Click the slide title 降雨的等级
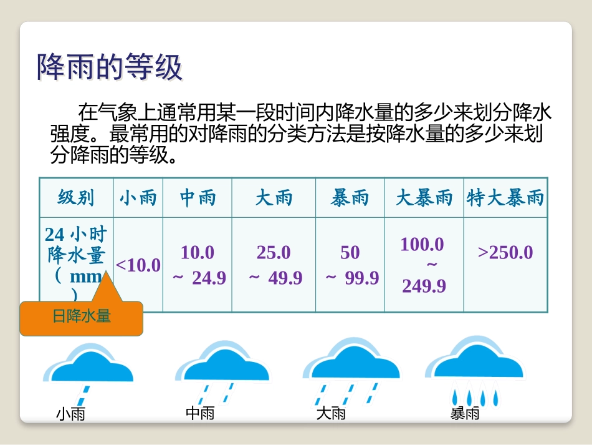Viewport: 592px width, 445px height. (x=110, y=67)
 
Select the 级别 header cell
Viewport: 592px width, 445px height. (x=76, y=198)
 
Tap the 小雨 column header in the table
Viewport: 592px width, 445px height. (x=138, y=198)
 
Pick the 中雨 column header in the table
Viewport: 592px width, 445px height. (x=198, y=198)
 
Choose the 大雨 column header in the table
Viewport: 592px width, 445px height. (x=274, y=198)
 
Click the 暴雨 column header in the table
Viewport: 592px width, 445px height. (x=350, y=198)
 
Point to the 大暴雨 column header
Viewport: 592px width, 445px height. (x=424, y=198)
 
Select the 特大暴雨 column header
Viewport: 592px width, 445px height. (x=505, y=198)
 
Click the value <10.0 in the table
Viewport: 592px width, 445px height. (x=138, y=265)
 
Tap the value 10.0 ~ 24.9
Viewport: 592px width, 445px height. (x=198, y=265)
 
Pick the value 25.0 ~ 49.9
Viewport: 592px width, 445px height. (x=274, y=265)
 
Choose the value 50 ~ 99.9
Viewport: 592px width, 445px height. (x=351, y=265)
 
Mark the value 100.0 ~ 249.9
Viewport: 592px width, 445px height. (x=424, y=265)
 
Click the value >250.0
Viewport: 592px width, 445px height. (x=505, y=253)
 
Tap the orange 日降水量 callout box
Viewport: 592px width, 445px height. (x=82, y=316)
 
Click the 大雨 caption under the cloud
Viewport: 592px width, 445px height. (x=330, y=413)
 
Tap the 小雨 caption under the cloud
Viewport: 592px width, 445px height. (x=70, y=413)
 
